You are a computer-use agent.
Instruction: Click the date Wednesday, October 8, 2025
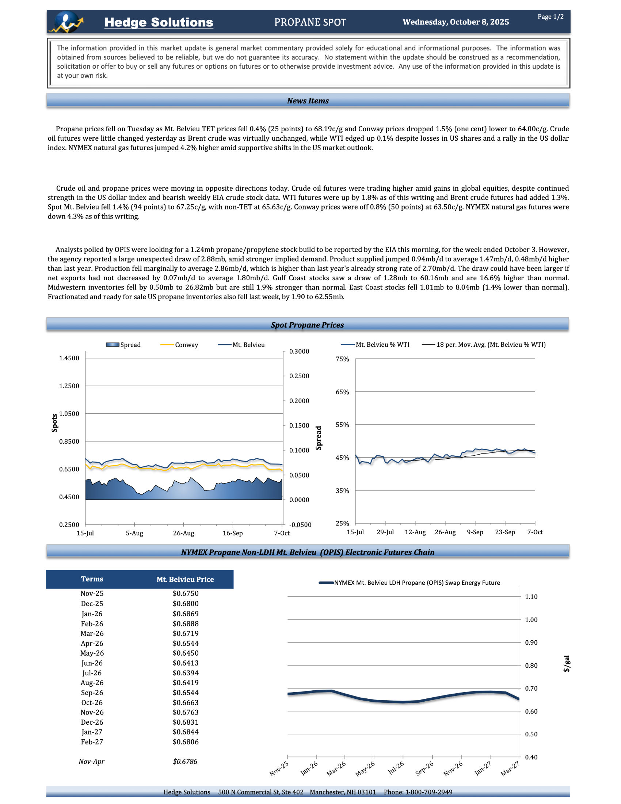tap(456, 22)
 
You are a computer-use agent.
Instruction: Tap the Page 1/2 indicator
tap(550, 17)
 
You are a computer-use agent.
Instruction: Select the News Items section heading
tap(308, 101)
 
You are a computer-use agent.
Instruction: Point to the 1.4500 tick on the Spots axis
tap(69, 358)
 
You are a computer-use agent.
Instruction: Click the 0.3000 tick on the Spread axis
tap(299, 352)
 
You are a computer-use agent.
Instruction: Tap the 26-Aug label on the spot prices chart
tap(184, 533)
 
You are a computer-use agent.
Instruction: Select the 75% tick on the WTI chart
tap(342, 359)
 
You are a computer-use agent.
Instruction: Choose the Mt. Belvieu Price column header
tap(185, 580)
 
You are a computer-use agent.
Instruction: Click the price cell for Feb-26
tap(186, 623)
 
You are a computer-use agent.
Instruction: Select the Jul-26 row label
tap(92, 673)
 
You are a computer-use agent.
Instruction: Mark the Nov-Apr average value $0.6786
tap(185, 761)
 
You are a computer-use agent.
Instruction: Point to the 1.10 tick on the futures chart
tap(531, 597)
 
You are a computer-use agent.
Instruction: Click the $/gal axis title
tap(567, 664)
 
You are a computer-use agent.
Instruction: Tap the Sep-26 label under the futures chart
tap(425, 768)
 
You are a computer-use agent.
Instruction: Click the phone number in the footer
tap(418, 792)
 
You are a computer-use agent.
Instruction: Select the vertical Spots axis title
tap(54, 422)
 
